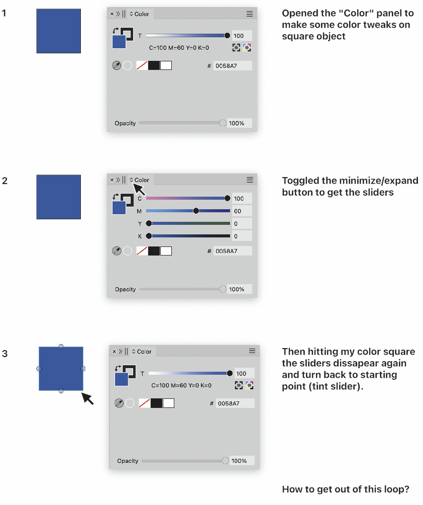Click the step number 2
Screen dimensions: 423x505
pyautogui.click(x=5, y=181)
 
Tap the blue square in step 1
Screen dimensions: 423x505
pyautogui.click(x=59, y=31)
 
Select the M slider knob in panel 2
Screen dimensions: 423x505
pyautogui.click(x=196, y=211)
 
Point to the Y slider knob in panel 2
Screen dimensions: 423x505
pyautogui.click(x=149, y=223)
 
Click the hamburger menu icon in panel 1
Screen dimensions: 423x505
pyautogui.click(x=250, y=14)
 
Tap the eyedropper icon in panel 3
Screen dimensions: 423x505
pyautogui.click(x=119, y=403)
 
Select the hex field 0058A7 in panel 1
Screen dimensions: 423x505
pyautogui.click(x=233, y=66)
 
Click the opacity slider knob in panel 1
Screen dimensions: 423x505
pyautogui.click(x=222, y=123)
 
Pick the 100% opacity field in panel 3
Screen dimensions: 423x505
pyautogui.click(x=242, y=461)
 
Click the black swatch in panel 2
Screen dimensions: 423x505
pyautogui.click(x=154, y=251)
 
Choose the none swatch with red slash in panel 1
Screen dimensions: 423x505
pyautogui.click(x=142, y=65)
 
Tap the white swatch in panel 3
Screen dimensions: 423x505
pyautogui.click(x=169, y=403)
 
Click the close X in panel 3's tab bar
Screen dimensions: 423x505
pyautogui.click(x=114, y=352)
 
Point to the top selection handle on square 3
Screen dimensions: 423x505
pyautogui.click(x=61, y=346)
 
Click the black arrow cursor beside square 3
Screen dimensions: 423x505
pyautogui.click(x=87, y=398)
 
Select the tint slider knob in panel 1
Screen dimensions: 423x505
pyautogui.click(x=227, y=35)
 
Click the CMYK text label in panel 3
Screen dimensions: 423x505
pyautogui.click(x=181, y=385)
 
